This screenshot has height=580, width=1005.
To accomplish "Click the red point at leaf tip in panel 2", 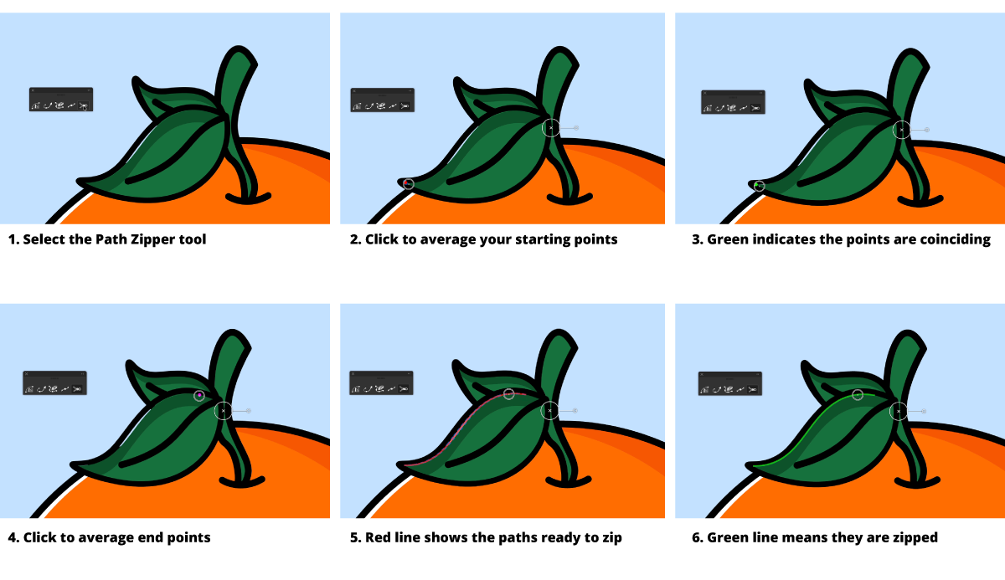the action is [406, 183].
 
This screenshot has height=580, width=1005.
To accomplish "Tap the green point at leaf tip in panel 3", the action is [756, 185].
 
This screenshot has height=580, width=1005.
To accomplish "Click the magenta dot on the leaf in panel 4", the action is [199, 395].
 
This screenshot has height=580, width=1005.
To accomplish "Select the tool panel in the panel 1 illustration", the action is [61, 100].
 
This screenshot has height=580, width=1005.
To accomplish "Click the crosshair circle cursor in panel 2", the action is [551, 128].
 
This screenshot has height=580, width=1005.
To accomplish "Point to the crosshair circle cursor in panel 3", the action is [902, 130].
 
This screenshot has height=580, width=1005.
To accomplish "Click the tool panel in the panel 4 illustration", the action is [54, 382].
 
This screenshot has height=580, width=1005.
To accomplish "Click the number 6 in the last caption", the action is [695, 537].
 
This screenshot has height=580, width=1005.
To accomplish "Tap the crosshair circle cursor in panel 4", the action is [223, 411].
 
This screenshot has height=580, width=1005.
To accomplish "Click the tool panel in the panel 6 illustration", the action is [730, 383].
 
